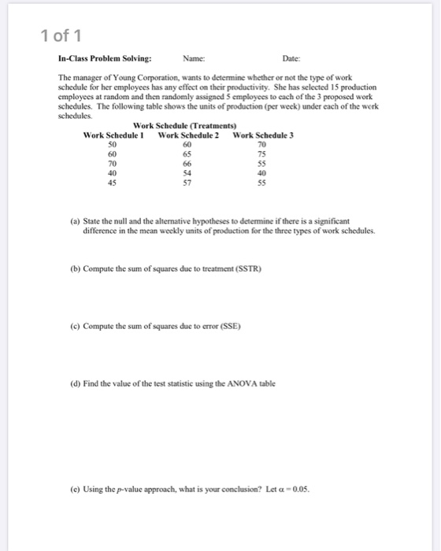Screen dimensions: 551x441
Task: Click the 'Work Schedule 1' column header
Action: pos(112,135)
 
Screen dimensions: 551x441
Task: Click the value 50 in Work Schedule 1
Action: pos(112,145)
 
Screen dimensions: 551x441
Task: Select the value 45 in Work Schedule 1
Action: pos(112,183)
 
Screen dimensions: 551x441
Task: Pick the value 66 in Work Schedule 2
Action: pos(187,164)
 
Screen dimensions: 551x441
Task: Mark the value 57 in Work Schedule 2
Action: pos(187,183)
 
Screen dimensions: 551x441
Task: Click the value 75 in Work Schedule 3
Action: pos(263,154)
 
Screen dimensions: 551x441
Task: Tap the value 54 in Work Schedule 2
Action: pos(187,173)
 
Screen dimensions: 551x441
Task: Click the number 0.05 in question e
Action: pos(300,487)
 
